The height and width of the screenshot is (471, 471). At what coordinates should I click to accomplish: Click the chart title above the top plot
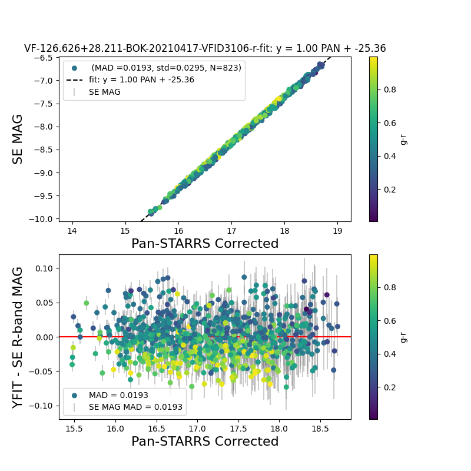point(205,49)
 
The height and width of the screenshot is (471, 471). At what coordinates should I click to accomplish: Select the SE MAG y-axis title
point(18,139)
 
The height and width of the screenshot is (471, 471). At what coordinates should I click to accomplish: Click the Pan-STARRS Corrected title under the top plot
point(205,244)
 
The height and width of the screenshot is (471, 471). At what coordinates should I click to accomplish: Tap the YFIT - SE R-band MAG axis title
point(18,337)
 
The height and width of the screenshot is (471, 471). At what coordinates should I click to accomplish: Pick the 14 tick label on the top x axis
point(72,231)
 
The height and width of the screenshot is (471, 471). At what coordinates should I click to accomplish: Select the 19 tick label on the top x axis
point(337,231)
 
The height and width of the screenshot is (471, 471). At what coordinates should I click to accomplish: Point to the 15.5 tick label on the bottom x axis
point(74,429)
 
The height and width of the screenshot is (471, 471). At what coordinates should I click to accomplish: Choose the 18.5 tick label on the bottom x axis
point(320,429)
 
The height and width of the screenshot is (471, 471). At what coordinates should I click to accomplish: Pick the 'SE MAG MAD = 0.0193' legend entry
point(135,407)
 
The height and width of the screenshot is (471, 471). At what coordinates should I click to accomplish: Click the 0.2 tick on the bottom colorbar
point(388,387)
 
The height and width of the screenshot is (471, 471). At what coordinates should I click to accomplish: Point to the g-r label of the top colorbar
point(403,139)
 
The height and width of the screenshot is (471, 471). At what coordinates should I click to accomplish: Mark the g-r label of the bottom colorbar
point(403,337)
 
